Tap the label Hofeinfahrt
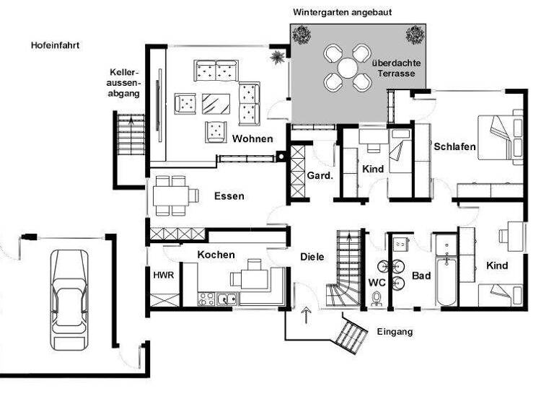click(x=55, y=45)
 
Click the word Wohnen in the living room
click(x=252, y=139)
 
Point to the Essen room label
click(x=229, y=196)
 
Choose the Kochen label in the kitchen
click(x=216, y=255)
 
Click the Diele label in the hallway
click(x=312, y=256)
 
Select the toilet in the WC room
click(x=377, y=298)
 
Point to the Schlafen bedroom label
click(x=454, y=146)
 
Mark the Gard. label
click(x=319, y=176)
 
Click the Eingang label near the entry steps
click(x=395, y=332)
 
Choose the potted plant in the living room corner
click(x=276, y=56)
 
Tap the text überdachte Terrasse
click(x=397, y=68)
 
